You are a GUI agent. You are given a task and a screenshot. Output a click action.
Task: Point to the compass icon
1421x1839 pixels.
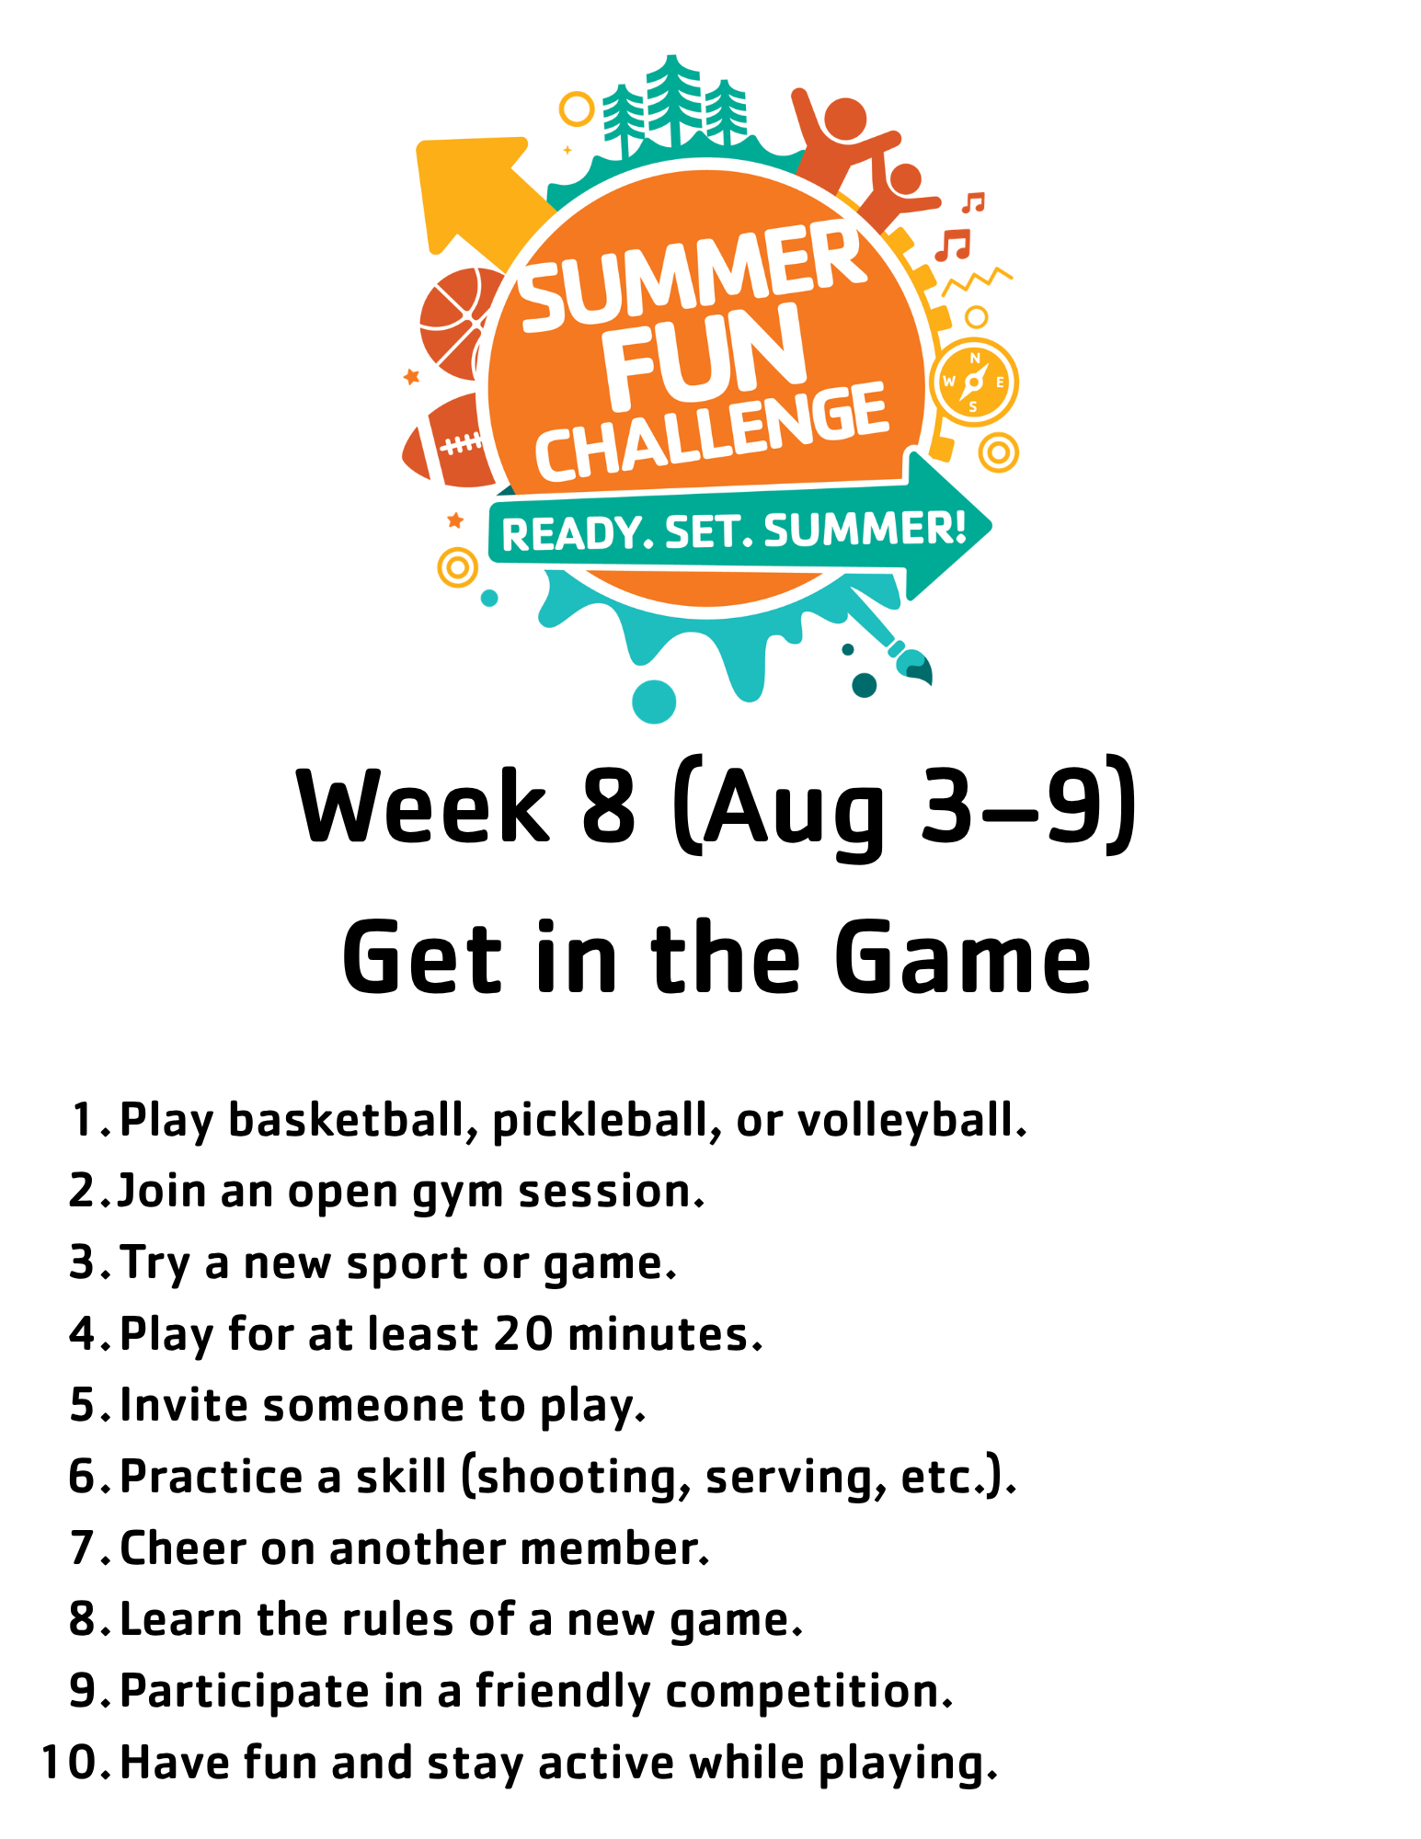coord(974,382)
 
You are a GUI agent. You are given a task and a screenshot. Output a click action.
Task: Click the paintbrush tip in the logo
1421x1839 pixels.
coord(916,664)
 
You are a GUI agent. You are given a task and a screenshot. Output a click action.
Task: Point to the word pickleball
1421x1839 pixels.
coord(606,1121)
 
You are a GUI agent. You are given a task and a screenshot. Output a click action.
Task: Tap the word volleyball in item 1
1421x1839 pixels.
coord(911,1121)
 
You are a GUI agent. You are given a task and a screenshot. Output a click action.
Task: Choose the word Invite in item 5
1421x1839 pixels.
coord(184,1405)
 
